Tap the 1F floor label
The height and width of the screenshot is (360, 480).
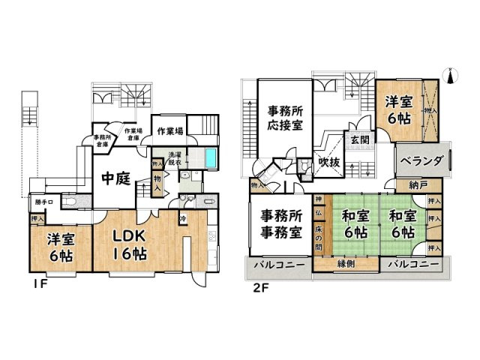(x=39, y=286)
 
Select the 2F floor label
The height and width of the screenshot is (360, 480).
(x=259, y=286)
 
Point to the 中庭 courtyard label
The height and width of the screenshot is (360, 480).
(x=118, y=178)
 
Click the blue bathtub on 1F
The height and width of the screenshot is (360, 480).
(x=210, y=159)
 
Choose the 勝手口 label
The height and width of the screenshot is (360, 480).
(x=43, y=202)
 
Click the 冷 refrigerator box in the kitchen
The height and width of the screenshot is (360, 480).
(x=183, y=218)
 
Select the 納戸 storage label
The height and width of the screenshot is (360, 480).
(x=418, y=185)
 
